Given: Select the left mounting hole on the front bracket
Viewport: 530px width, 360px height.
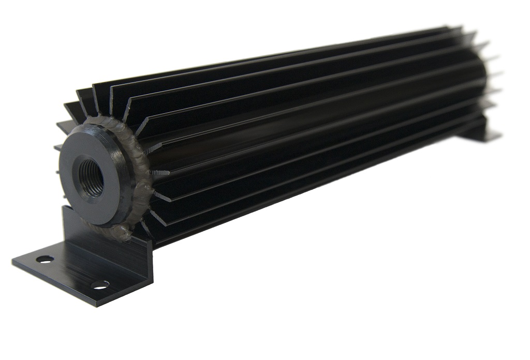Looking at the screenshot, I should tap(45, 259).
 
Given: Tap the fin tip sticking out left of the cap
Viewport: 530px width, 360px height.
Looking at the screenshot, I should tap(57, 147).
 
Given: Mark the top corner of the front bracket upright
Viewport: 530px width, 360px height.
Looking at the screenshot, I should tap(65, 207).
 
